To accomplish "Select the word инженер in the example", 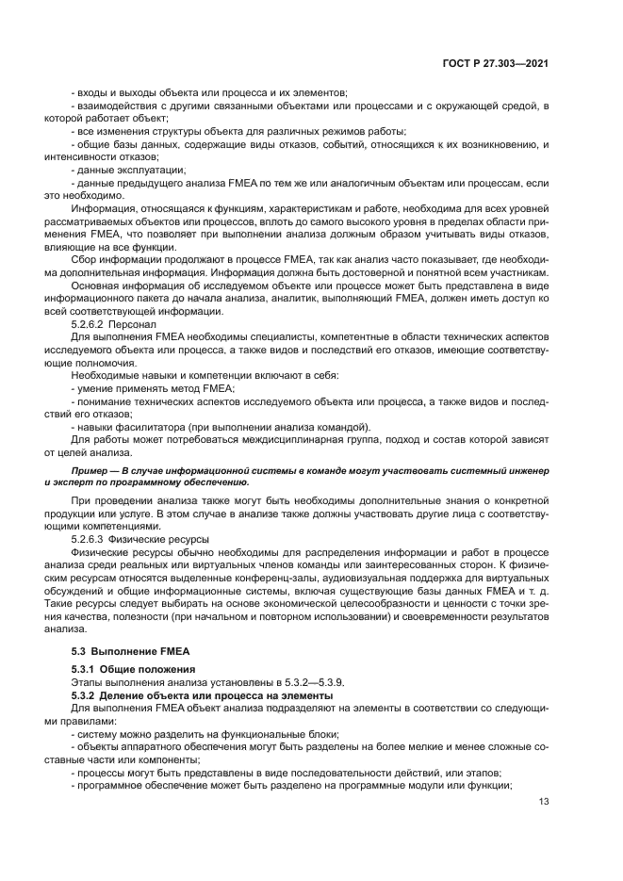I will (x=527, y=468).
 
